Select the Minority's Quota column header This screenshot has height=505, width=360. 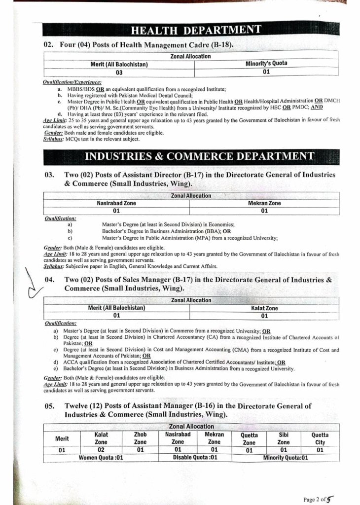pos(266,64)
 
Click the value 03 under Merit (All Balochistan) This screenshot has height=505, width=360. pos(119,72)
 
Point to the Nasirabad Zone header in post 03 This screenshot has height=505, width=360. pos(116,203)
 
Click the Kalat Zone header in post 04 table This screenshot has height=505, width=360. pos(264,308)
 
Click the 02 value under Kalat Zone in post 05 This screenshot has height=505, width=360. pos(101,450)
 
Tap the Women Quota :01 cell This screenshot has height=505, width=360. pos(101,457)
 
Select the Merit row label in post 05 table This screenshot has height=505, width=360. pos(62,438)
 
